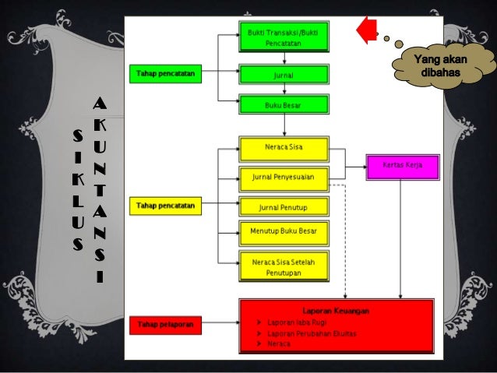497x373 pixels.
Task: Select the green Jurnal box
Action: pyautogui.click(x=284, y=75)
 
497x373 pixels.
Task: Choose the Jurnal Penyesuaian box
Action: pyautogui.click(x=284, y=177)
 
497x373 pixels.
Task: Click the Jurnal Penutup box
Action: pyautogui.click(x=284, y=206)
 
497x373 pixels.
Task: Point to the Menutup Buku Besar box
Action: pyautogui.click(x=284, y=232)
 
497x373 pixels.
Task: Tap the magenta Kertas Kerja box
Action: pyautogui.click(x=403, y=165)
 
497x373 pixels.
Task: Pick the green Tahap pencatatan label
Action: pyautogui.click(x=165, y=74)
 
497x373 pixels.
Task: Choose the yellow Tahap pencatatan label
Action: pyautogui.click(x=165, y=206)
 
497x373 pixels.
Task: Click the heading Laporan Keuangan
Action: pyautogui.click(x=336, y=310)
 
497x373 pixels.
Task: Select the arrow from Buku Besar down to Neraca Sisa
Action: pyautogui.click(x=284, y=125)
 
